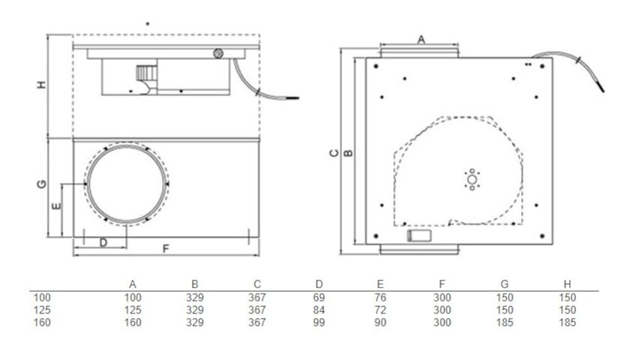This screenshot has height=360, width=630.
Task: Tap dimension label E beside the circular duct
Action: pos(55,203)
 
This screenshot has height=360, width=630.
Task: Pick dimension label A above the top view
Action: pos(421,37)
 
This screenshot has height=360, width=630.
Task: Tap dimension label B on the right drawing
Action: pos(347,153)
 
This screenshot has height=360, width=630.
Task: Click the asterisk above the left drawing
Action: pos(148,25)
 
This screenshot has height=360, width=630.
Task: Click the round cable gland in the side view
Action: pos(218,53)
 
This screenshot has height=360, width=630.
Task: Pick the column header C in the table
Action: pos(256,284)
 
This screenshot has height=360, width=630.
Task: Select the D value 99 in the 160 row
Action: pos(319,322)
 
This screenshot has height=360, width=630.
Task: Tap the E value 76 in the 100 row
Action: pos(380,298)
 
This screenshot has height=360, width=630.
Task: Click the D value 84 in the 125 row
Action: pos(319,310)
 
